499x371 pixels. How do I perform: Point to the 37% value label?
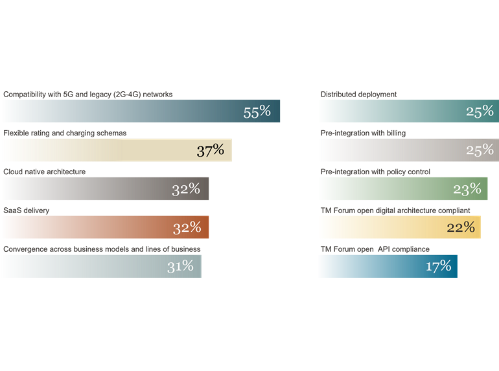(210, 151)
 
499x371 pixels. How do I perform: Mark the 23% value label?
(467, 189)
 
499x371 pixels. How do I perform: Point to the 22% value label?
(461, 227)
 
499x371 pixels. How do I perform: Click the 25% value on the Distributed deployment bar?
(480, 111)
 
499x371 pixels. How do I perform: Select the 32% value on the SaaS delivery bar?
(187, 228)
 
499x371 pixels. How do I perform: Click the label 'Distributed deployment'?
(358, 95)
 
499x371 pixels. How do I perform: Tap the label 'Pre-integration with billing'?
(363, 133)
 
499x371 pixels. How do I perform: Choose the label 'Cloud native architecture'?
(44, 172)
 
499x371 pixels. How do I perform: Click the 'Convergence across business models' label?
(102, 249)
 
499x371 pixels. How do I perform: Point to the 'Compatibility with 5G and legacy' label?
(88, 95)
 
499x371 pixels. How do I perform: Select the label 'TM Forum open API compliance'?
(375, 249)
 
